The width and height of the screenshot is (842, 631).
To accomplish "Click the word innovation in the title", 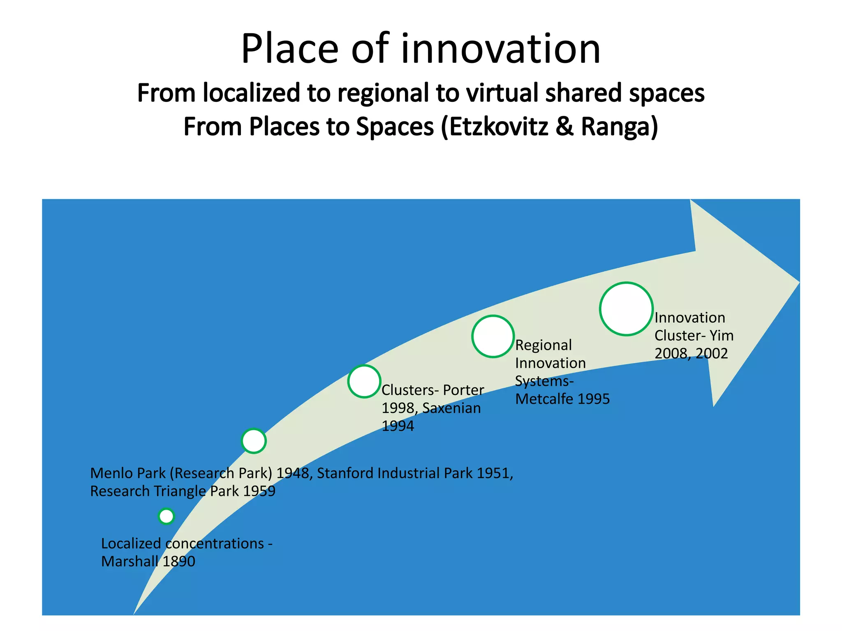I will click(x=500, y=49).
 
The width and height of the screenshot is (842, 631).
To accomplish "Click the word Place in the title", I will click(x=289, y=49).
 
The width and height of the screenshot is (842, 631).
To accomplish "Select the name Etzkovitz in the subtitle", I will click(x=498, y=127).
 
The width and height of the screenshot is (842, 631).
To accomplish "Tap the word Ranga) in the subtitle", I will click(x=619, y=127).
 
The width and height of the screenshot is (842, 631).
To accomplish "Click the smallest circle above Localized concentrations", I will click(x=167, y=516).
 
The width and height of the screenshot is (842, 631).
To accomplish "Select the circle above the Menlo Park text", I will click(x=254, y=441).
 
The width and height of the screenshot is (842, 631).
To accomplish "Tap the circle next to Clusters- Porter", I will click(x=364, y=382).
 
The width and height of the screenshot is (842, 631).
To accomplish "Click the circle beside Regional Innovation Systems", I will click(x=493, y=336).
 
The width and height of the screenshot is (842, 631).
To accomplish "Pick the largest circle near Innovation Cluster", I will click(x=626, y=309).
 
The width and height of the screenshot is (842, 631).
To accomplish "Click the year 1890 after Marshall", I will click(x=179, y=562).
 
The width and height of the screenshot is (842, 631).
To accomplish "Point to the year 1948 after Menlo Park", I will click(x=292, y=473).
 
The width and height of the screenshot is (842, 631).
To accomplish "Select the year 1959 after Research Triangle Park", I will click(x=259, y=491).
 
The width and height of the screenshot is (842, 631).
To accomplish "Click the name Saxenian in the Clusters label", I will click(x=451, y=408).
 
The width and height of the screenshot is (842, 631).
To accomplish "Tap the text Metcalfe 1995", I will click(x=562, y=399).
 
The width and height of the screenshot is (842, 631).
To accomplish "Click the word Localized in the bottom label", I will click(x=131, y=543).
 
